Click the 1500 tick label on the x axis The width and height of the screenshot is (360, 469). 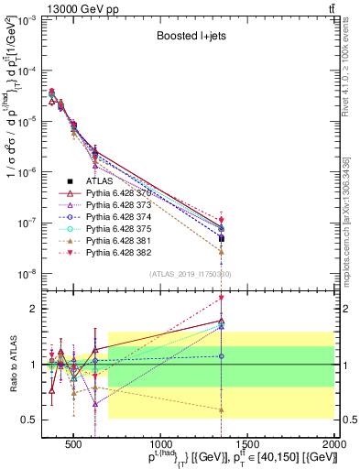(x=247, y=445)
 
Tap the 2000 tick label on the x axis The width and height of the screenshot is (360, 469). (x=333, y=445)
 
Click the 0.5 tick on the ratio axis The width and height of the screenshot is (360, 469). (x=27, y=420)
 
